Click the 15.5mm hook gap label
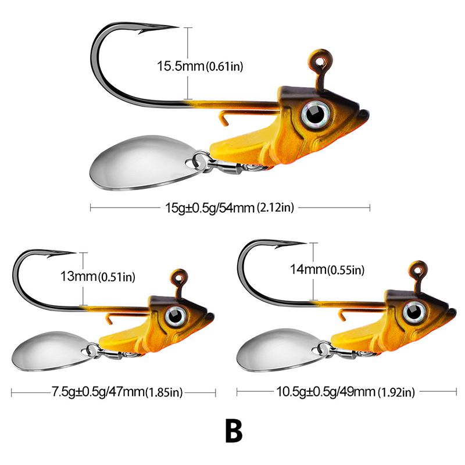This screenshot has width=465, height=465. point(199,66)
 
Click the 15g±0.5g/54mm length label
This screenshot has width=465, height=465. point(230,207)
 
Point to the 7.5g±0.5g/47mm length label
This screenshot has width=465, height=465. point(113,392)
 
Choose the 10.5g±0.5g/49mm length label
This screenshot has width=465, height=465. point(344,392)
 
